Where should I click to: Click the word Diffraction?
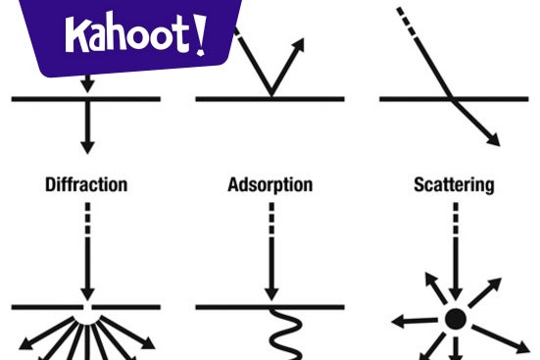pos(86,184)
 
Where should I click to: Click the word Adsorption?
pos(270,184)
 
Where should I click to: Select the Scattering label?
pos(454,184)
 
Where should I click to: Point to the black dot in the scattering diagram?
pos(455,319)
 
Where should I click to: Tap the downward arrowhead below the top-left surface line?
pos(87,145)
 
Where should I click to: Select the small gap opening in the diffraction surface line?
pos(87,308)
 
